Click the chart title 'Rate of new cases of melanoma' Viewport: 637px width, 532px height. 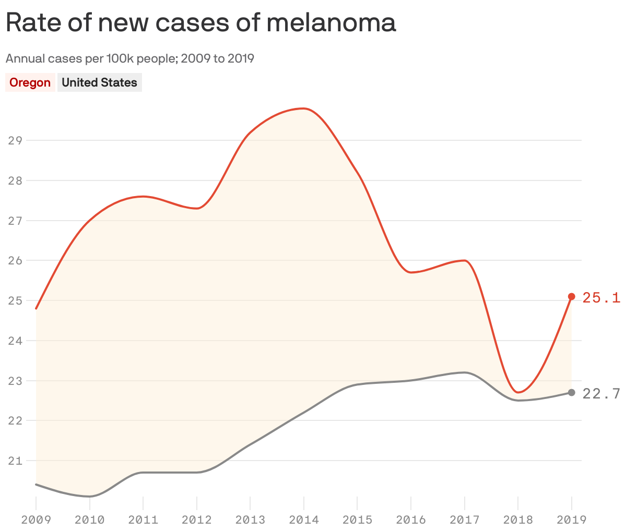(x=201, y=23)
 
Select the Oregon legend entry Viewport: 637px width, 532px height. (x=30, y=83)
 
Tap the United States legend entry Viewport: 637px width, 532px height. (x=99, y=83)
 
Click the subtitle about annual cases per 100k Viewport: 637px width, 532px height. (x=130, y=58)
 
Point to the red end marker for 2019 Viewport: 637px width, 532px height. (x=571, y=296)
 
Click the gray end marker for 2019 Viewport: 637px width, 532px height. (x=571, y=392)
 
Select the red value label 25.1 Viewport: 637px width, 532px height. (x=601, y=298)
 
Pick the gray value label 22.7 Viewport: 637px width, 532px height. (x=601, y=394)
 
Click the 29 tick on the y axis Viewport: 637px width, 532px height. (x=15, y=140)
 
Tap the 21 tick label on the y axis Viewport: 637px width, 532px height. (x=15, y=461)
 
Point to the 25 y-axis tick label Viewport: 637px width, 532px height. (x=15, y=300)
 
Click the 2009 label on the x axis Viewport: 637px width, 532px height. (x=36, y=520)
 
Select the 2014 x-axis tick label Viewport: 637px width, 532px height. (x=304, y=520)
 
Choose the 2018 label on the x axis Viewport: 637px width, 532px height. (x=518, y=520)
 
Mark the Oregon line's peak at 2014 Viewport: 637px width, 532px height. (x=304, y=108)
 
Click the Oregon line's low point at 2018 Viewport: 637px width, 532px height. (x=518, y=392)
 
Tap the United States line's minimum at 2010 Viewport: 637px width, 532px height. (x=90, y=496)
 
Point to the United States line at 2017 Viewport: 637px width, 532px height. (x=464, y=372)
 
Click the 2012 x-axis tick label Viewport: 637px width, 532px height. (x=197, y=520)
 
